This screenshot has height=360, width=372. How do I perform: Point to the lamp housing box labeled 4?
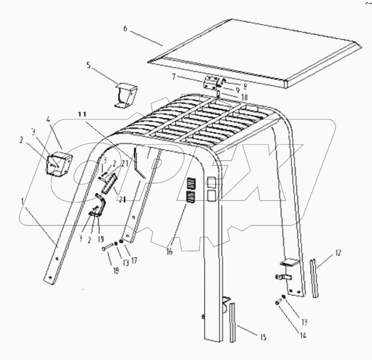58,162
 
